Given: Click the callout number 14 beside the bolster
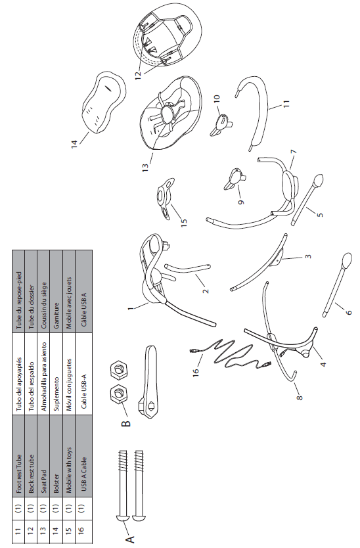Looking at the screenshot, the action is tap(74, 145).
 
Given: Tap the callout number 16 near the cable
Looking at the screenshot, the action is tap(196, 372).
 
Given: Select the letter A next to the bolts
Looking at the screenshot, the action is tap(129, 539).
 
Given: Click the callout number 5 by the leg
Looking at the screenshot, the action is tap(320, 215).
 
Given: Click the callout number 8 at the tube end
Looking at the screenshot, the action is tap(299, 397).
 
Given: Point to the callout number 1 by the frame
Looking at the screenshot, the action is tap(130, 309).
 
